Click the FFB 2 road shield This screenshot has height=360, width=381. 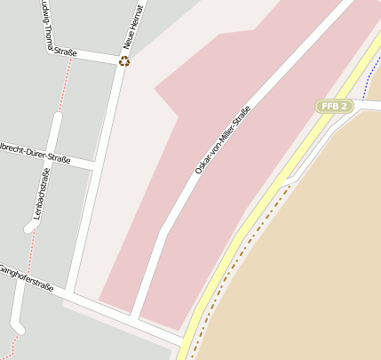tap(335, 106)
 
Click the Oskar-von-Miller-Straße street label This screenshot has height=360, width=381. tap(222, 140)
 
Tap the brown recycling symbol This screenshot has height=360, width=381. tap(123, 60)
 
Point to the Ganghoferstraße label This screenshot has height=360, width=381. tap(27, 278)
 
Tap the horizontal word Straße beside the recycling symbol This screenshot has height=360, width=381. tap(64, 52)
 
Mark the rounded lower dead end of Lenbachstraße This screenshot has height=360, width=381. tap(31, 227)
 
